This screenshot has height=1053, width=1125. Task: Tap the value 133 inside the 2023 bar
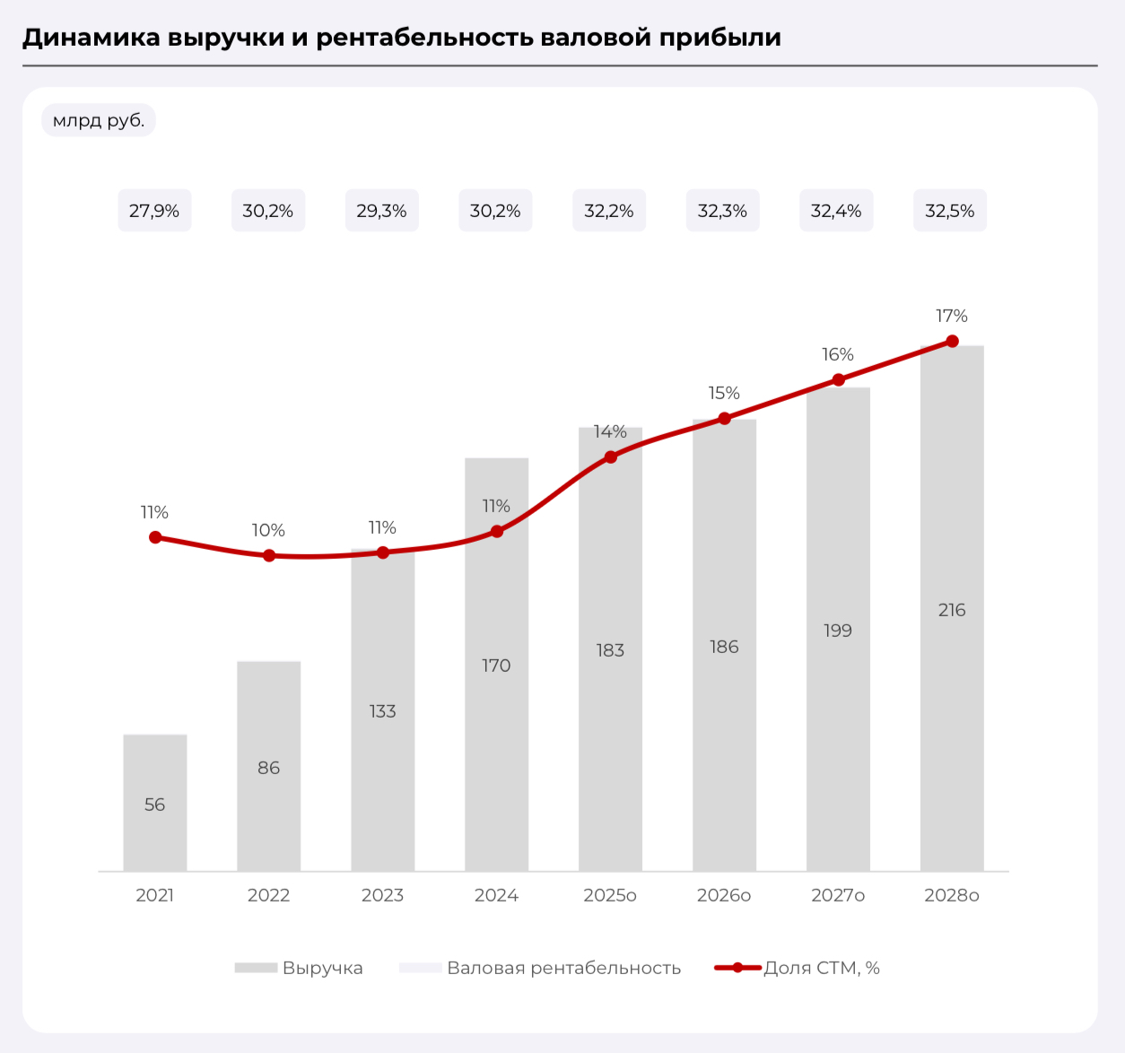(382, 711)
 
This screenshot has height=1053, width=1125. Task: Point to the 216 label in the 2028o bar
(952, 610)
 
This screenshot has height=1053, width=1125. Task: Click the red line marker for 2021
(155, 537)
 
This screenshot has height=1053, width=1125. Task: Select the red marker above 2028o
(952, 342)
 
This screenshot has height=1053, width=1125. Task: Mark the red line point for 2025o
(610, 457)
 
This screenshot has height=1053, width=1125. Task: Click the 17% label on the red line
(952, 316)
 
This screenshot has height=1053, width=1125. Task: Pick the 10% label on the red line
(268, 530)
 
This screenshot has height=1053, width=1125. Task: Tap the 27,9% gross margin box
(154, 211)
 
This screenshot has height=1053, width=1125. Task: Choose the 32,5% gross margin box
(950, 211)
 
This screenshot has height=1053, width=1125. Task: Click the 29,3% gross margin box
(381, 211)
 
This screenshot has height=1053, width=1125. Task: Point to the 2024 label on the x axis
(496, 895)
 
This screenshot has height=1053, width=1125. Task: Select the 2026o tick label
(724, 895)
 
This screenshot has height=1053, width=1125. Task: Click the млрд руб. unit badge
(99, 120)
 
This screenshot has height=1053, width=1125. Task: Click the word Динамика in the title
(91, 38)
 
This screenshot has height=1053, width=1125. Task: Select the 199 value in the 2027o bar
(838, 631)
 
